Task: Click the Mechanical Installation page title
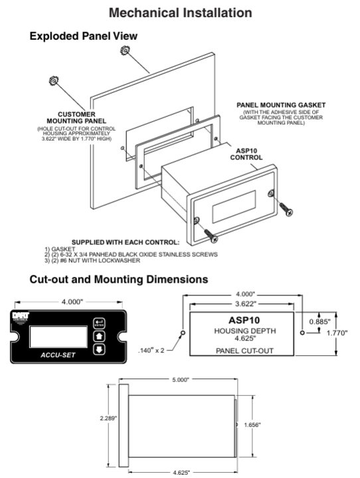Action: pyautogui.click(x=180, y=13)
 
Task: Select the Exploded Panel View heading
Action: pyautogui.click(x=83, y=36)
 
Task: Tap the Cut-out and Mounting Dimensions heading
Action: pyautogui.click(x=119, y=279)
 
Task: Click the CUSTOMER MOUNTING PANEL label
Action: pyautogui.click(x=76, y=118)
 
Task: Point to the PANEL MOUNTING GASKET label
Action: pyautogui.click(x=281, y=105)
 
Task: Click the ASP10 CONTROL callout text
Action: pyautogui.click(x=246, y=154)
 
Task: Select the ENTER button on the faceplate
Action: pyautogui.click(x=99, y=323)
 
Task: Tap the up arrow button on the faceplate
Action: pyautogui.click(x=99, y=336)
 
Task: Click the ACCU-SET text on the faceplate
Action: pyautogui.click(x=58, y=355)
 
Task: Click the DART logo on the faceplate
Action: pyautogui.click(x=21, y=317)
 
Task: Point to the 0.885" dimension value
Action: pyautogui.click(x=319, y=321)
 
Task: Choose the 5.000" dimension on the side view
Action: pyautogui.click(x=181, y=380)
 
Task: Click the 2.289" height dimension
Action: pyautogui.click(x=108, y=418)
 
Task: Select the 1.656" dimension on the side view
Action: pyautogui.click(x=252, y=425)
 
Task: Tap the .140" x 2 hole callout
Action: pyautogui.click(x=151, y=351)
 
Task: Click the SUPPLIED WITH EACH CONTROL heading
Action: pyautogui.click(x=126, y=242)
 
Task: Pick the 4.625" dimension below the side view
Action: pyautogui.click(x=181, y=473)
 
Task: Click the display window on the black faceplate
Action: pyautogui.click(x=58, y=337)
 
